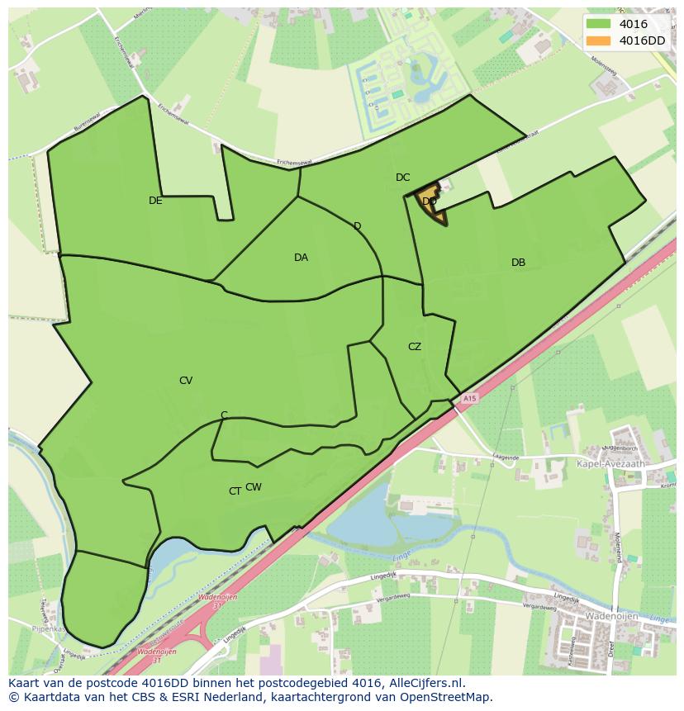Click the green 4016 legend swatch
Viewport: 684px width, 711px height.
pos(599,25)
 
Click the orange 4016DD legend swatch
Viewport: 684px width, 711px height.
pos(599,40)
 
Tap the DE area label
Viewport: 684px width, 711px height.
pos(155,201)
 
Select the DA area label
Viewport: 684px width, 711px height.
pos(301,258)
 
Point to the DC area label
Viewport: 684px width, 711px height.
pos(402,178)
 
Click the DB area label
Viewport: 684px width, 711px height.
pos(518,263)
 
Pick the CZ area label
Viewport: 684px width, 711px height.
pos(415,347)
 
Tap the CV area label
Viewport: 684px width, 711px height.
pos(186,381)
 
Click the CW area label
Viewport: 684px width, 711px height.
pos(254,487)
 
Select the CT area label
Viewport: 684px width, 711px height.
pos(235,491)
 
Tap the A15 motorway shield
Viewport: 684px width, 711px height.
pos(469,399)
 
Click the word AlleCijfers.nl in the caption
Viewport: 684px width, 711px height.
pos(429,683)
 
